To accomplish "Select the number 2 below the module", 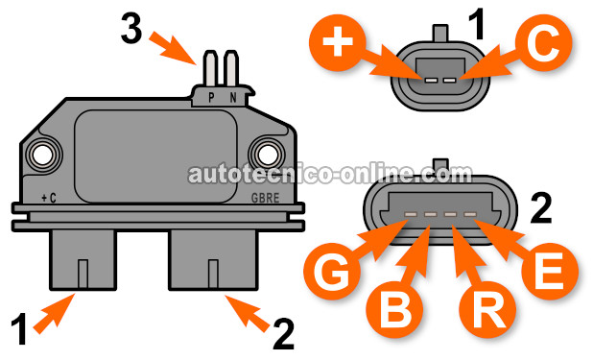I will (x=281, y=334).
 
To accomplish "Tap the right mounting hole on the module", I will (x=263, y=154).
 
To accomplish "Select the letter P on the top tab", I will (x=212, y=96).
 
